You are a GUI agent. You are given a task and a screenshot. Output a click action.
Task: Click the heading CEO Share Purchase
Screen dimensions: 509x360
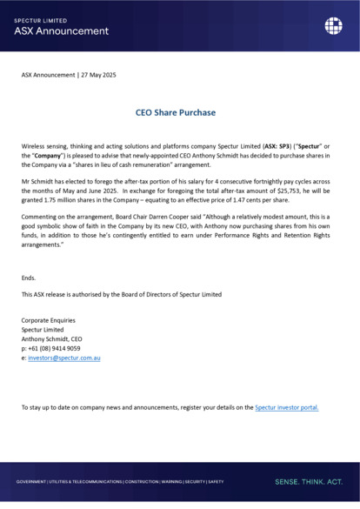click(176, 112)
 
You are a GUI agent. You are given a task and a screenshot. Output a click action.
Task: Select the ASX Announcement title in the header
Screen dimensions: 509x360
click(62, 30)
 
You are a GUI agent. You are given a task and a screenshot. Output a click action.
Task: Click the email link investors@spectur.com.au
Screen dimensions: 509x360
click(64, 358)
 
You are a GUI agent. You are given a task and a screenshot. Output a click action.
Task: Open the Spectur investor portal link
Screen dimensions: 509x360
click(287, 406)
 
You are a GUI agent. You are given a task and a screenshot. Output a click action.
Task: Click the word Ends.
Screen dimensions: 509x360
click(30, 278)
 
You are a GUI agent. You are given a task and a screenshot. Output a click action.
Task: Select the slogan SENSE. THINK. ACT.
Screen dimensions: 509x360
click(309, 481)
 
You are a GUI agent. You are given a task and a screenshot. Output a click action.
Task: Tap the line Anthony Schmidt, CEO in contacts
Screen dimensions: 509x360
click(57, 338)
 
